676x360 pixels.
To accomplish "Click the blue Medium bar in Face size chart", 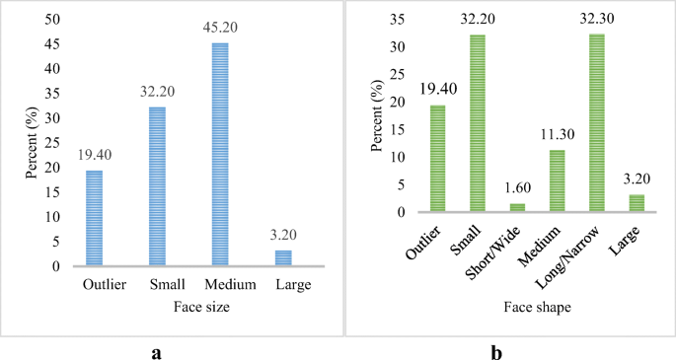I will click(219, 155).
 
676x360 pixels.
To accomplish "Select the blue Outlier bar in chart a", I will click(95, 218).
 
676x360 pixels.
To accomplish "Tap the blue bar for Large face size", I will click(282, 258).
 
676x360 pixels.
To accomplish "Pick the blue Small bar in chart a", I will click(157, 186).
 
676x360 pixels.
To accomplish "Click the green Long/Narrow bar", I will click(597, 123).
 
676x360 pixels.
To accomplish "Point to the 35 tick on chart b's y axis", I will click(400, 20).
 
